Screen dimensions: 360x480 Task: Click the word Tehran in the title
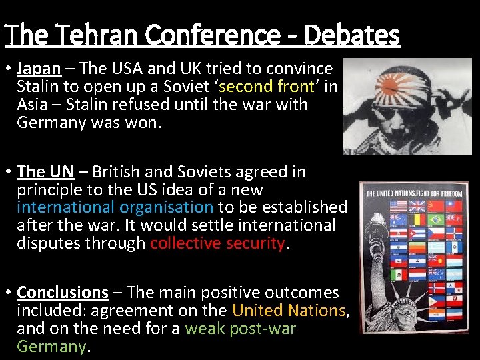tap(107, 35)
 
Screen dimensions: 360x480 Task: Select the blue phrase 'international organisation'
tap(115, 208)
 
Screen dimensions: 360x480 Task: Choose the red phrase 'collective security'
tap(217, 244)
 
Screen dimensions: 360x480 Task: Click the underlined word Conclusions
tap(63, 293)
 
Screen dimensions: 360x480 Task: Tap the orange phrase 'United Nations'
tap(289, 311)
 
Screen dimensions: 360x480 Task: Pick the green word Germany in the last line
tap(52, 347)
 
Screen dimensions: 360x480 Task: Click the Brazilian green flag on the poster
tap(437, 220)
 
